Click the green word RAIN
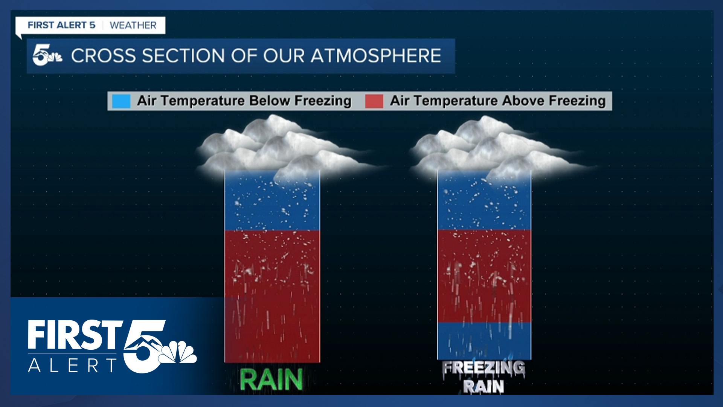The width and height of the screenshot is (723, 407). click(271, 379)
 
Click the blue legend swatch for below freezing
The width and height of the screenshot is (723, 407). click(121, 101)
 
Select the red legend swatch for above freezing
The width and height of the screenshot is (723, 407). click(374, 101)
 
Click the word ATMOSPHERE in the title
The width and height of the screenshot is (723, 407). click(376, 56)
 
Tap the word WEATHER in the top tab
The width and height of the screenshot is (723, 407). click(133, 25)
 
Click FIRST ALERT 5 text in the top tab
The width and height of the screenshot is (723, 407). click(61, 25)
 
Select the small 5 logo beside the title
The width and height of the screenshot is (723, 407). click(47, 55)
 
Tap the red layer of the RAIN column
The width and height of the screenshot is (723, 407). click(272, 296)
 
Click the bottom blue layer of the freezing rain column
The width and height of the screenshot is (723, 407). click(484, 341)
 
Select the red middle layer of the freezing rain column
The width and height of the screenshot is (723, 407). click(484, 276)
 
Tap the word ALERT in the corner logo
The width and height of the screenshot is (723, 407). click(73, 366)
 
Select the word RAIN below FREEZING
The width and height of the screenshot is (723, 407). click(484, 386)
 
